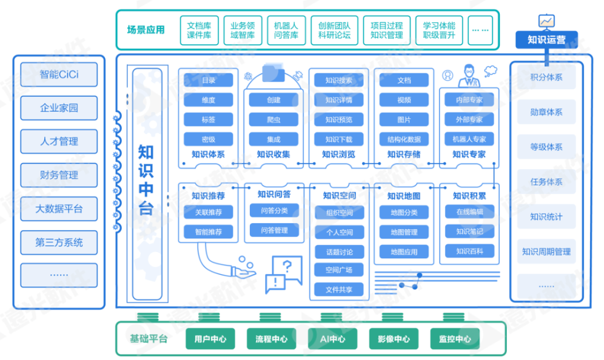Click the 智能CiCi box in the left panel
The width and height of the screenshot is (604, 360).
tap(59, 75)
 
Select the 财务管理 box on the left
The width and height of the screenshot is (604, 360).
tap(59, 175)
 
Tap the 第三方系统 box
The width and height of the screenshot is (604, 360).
tap(59, 242)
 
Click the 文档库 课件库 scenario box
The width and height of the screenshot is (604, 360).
tap(198, 30)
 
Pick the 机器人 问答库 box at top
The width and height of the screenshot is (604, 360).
tap(286, 30)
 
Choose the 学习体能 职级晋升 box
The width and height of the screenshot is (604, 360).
tap(439, 30)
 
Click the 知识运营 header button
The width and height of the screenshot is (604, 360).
tap(546, 40)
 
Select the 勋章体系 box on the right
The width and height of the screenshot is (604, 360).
tap(546, 112)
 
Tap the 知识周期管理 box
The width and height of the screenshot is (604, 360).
tap(546, 252)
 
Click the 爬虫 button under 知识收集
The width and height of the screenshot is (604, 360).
tap(273, 119)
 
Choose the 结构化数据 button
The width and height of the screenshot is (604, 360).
tap(404, 139)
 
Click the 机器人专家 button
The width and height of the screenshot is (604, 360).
tap(469, 139)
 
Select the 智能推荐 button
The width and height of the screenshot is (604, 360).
tap(208, 232)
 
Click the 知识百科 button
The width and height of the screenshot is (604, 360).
tap(469, 251)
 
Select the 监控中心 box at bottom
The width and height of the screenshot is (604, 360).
tap(454, 339)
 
